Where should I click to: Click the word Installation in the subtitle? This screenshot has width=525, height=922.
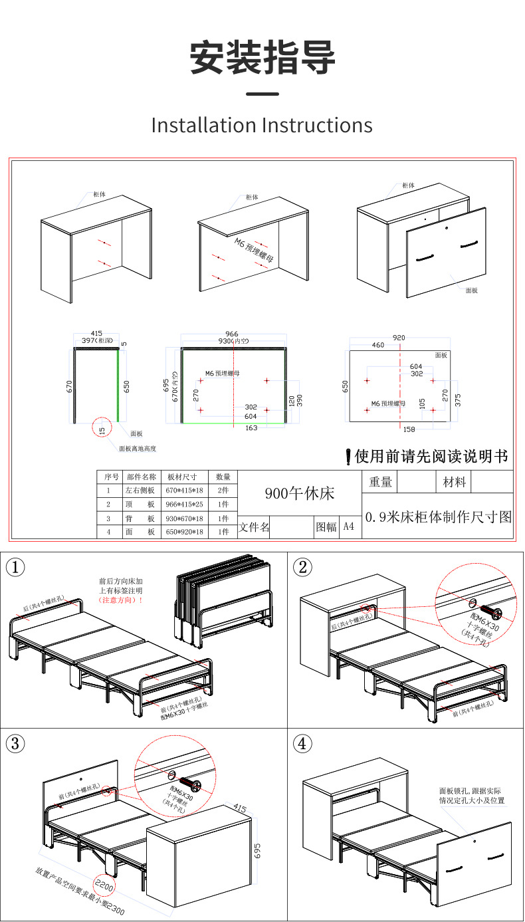point(203,125)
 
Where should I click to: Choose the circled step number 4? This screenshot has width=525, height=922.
point(302,743)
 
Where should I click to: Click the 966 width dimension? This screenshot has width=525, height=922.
point(232,334)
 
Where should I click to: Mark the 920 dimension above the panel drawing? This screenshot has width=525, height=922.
point(399,338)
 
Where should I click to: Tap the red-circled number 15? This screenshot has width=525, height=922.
point(102,430)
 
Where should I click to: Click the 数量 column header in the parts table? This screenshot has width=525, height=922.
point(223,477)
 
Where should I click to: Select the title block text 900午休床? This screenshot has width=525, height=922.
point(299,493)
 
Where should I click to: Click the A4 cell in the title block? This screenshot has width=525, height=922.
point(349,527)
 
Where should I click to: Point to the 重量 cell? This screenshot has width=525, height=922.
point(380,482)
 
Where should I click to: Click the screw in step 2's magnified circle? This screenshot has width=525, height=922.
point(491,611)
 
